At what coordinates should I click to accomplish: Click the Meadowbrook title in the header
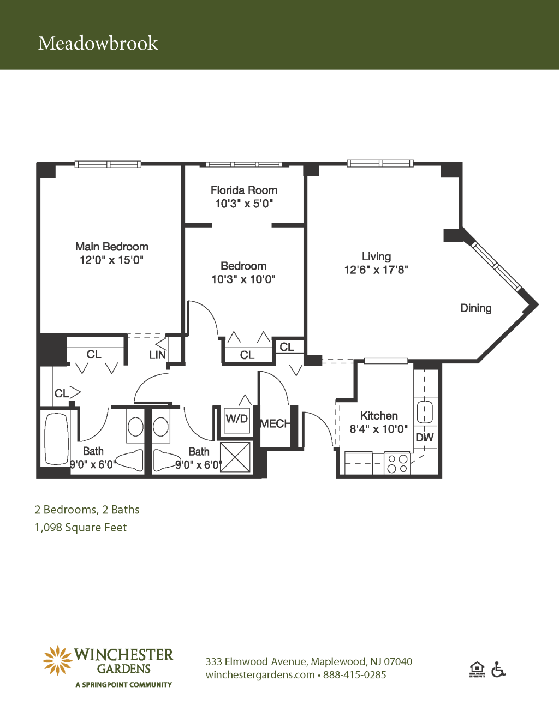pyautogui.click(x=98, y=43)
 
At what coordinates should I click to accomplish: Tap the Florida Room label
pyautogui.click(x=244, y=190)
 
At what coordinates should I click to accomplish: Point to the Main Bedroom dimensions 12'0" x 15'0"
pyautogui.click(x=111, y=260)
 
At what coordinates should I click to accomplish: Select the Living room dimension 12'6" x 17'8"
pyautogui.click(x=376, y=270)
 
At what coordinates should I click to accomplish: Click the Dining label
pyautogui.click(x=476, y=308)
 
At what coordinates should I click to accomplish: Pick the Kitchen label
pyautogui.click(x=379, y=416)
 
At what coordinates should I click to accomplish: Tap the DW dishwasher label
pyautogui.click(x=425, y=437)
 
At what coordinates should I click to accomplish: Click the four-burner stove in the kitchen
pyautogui.click(x=397, y=463)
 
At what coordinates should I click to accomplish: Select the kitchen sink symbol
pyautogui.click(x=425, y=412)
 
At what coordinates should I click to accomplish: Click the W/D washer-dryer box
pyautogui.click(x=236, y=420)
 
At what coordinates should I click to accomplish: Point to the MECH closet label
pyautogui.click(x=275, y=423)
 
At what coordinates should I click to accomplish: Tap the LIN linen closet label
pyautogui.click(x=157, y=355)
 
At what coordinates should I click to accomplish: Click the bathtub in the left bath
pyautogui.click(x=56, y=439)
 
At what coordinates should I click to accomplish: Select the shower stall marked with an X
pyautogui.click(x=235, y=457)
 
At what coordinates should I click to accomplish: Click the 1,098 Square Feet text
pyautogui.click(x=81, y=528)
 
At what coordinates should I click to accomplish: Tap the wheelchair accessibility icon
pyautogui.click(x=498, y=669)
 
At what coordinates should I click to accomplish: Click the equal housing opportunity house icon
pyautogui.click(x=477, y=669)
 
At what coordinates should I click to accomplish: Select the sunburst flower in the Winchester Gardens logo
pyautogui.click(x=57, y=660)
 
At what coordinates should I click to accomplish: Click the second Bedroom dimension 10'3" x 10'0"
pyautogui.click(x=243, y=279)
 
